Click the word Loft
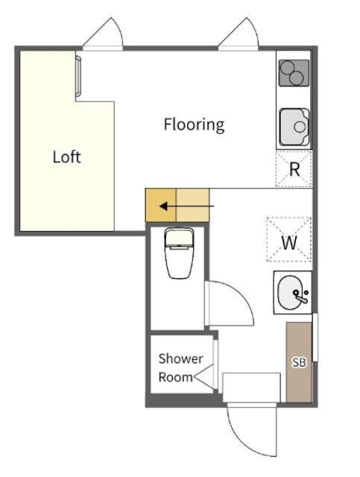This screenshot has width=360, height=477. pyautogui.click(x=66, y=157)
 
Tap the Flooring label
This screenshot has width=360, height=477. pyautogui.click(x=194, y=124)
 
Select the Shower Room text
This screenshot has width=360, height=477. pyautogui.click(x=180, y=367)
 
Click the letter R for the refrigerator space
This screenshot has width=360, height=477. pyautogui.click(x=294, y=170)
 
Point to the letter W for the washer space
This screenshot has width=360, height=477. pyautogui.click(x=289, y=243)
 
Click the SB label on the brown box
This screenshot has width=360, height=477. pyautogui.click(x=299, y=362)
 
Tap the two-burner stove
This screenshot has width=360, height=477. pyautogui.click(x=294, y=73)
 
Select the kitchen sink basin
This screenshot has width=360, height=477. pyautogui.click(x=294, y=127)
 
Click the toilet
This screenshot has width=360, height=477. pyautogui.click(x=179, y=253)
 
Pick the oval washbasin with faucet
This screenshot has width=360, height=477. pyautogui.click(x=291, y=292)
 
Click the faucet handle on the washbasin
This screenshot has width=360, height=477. pyautogui.click(x=302, y=299)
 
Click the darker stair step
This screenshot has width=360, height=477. pyautogui.click(x=161, y=206)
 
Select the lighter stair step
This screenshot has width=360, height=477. pyautogui.click(x=193, y=206)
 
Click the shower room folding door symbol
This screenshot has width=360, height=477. pyautogui.click(x=204, y=377)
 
